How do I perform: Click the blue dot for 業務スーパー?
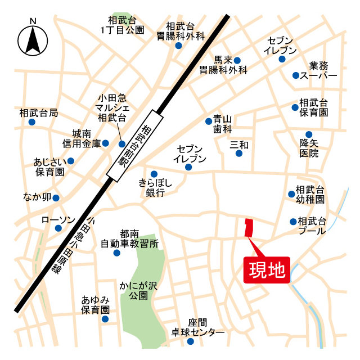click(x=295, y=75)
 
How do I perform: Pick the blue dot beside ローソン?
click(x=58, y=228)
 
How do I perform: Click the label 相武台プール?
click(x=312, y=226)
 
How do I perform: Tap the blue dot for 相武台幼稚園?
click(x=291, y=194)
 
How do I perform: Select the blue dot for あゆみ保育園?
click(x=105, y=319)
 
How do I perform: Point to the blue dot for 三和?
click(x=239, y=153)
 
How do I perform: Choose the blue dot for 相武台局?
click(x=32, y=121)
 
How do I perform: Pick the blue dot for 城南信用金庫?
click(x=105, y=143)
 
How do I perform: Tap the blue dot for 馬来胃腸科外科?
click(x=237, y=60)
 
